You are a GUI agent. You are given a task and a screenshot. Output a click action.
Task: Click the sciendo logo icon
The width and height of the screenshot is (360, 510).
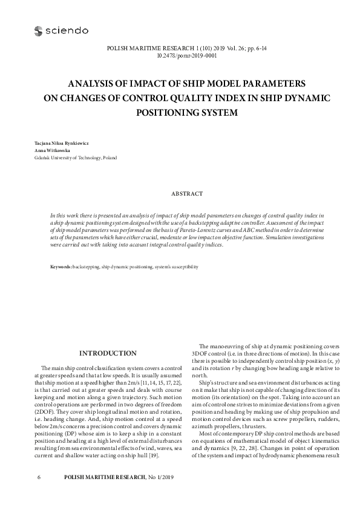click(x=38, y=30)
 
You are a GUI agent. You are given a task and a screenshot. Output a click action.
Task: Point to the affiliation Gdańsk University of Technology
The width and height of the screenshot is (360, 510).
click(x=68, y=157)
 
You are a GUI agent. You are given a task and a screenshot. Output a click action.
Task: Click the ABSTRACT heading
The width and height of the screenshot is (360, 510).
click(x=186, y=194)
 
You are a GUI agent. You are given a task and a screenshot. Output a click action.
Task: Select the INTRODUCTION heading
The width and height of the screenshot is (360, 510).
click(x=108, y=354)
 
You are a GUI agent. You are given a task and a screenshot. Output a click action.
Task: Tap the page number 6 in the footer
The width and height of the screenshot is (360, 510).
click(x=39, y=478)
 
